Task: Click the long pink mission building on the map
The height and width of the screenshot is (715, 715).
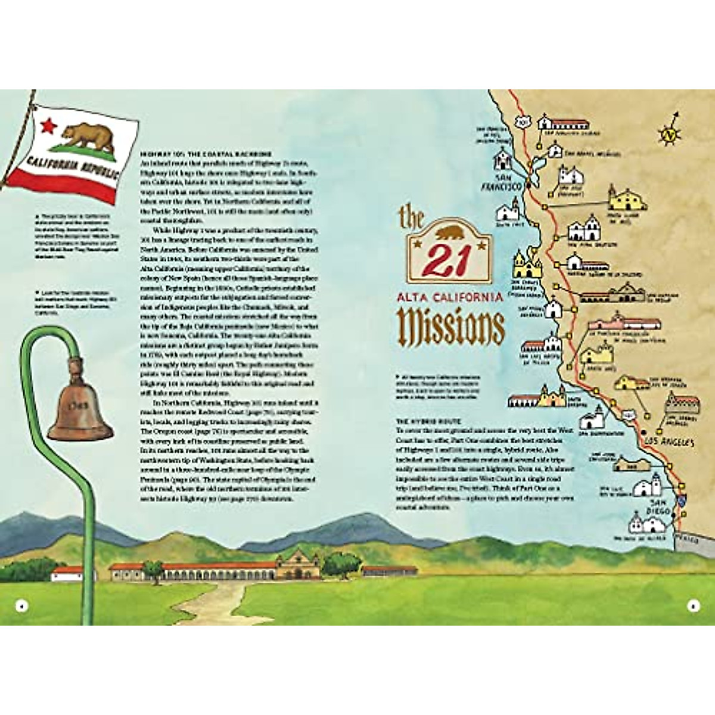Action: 624,324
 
